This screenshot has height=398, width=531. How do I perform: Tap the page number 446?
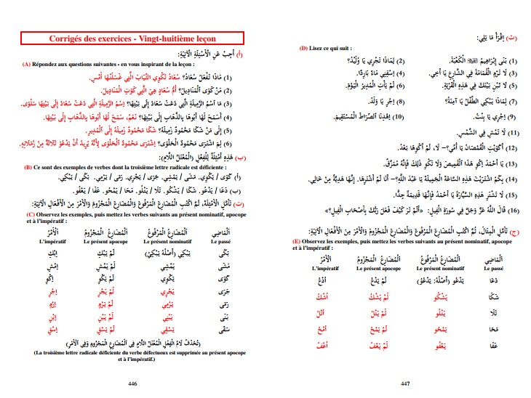132,383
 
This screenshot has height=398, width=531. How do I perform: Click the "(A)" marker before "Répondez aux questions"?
26,64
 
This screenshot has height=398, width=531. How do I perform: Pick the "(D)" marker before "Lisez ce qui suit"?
303,49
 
